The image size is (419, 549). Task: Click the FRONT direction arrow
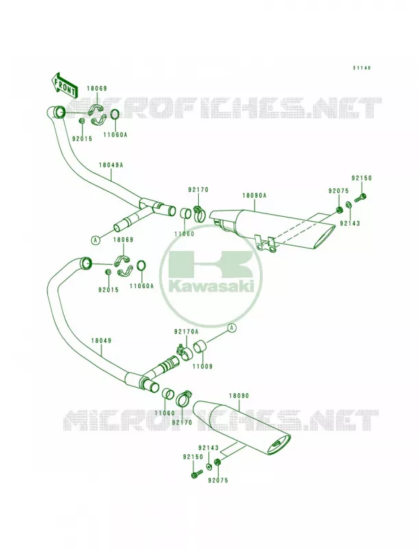64,85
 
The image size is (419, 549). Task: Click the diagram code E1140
361,68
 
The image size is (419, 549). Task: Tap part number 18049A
110,165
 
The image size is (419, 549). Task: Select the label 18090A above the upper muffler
254,196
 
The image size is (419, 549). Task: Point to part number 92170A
186,331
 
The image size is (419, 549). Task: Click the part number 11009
202,366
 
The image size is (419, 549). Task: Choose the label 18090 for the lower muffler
239,396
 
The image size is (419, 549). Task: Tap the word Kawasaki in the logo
211,286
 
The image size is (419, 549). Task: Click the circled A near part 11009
232,328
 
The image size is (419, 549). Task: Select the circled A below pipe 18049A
95,240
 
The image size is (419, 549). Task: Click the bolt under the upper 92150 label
360,198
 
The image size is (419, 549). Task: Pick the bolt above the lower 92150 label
197,474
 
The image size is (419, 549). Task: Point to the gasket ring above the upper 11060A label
115,115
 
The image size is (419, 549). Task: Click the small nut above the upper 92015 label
82,121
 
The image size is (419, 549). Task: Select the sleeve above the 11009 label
200,347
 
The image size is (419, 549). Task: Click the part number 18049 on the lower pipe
101,340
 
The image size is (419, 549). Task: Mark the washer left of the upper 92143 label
348,205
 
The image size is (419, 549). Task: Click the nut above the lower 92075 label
217,462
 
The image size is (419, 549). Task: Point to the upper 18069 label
97,89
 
